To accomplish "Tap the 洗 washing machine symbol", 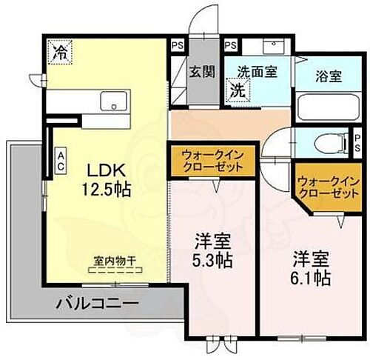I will coord(236,91).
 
